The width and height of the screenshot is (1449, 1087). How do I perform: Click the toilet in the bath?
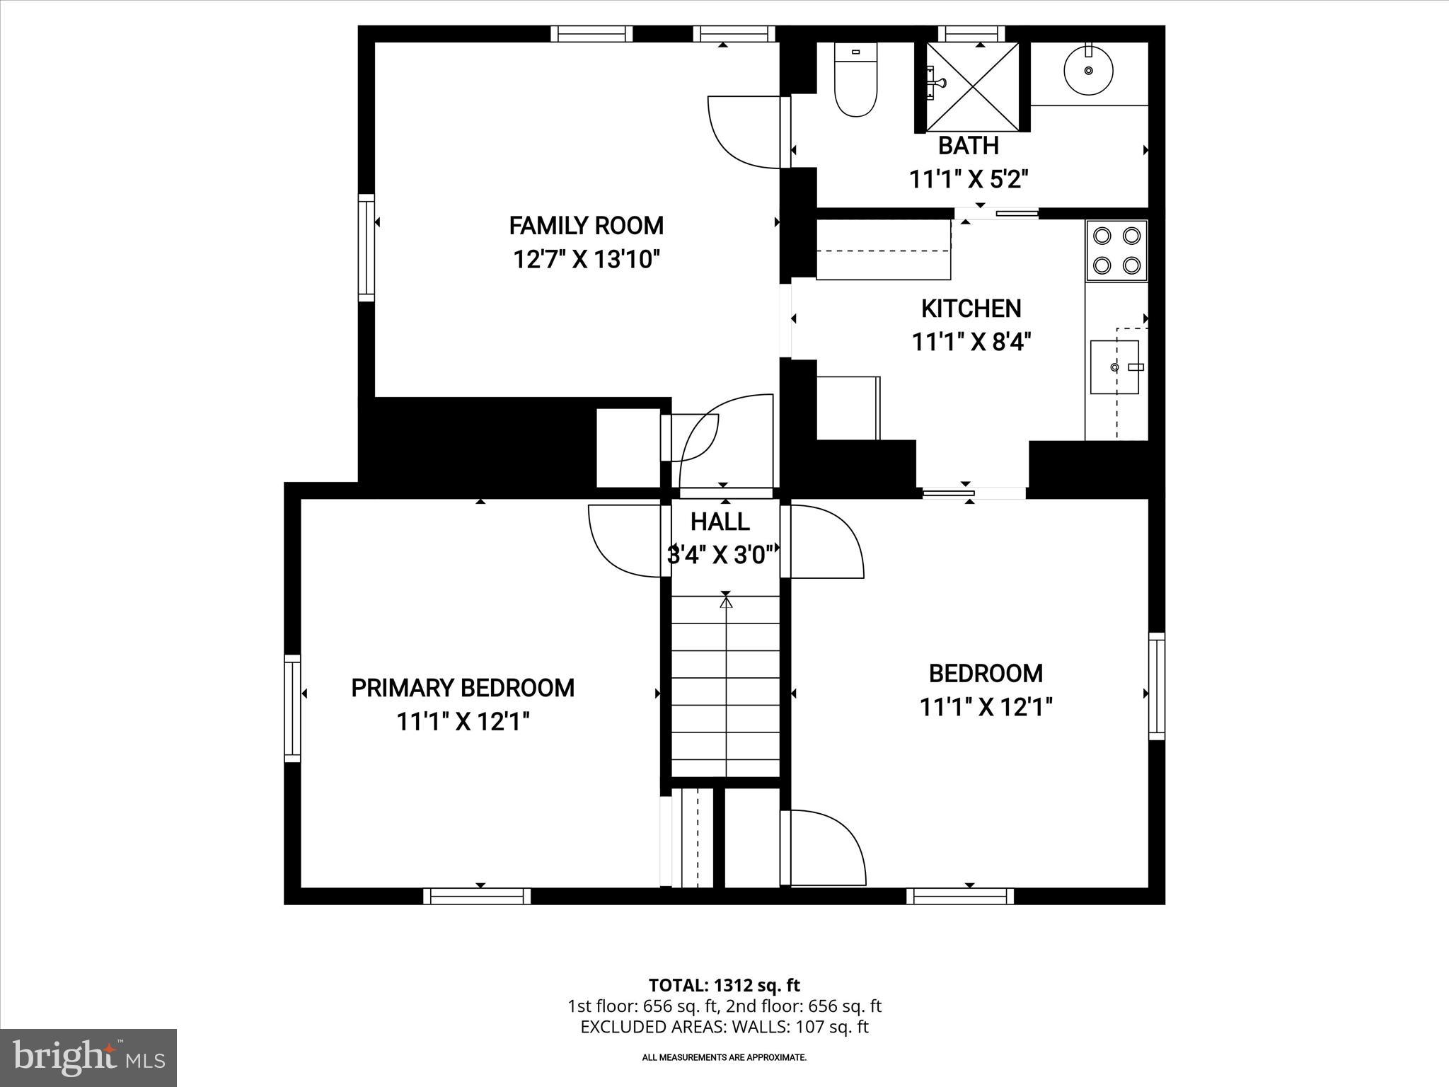coord(855,81)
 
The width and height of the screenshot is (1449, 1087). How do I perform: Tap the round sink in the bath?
coord(1088,71)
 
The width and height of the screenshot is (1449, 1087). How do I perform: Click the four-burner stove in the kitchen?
coord(1116,251)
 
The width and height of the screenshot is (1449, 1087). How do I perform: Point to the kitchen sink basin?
coord(1114,367)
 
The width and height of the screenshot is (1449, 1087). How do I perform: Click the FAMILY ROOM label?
coord(586,226)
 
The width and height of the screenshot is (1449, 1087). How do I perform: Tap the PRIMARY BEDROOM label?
coord(463,688)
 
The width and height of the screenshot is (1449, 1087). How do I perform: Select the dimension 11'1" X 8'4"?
coord(971,343)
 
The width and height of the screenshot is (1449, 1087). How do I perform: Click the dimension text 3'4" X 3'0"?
coord(720,555)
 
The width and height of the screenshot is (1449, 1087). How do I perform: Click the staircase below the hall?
coord(725,686)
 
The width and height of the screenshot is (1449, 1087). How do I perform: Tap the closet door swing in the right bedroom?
coord(826,848)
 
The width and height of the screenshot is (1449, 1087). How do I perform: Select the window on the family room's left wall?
coord(366,248)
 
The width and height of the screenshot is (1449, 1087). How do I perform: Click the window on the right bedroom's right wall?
coord(1156,686)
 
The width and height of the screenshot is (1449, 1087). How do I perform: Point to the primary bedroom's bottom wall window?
coord(477,896)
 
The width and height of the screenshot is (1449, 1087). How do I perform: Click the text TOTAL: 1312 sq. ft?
coord(724,985)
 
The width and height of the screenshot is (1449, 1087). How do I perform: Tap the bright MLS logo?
coord(88,1057)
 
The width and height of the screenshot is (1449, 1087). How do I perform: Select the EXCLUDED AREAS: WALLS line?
coord(724,1027)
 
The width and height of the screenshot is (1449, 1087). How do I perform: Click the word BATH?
coord(968,146)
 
